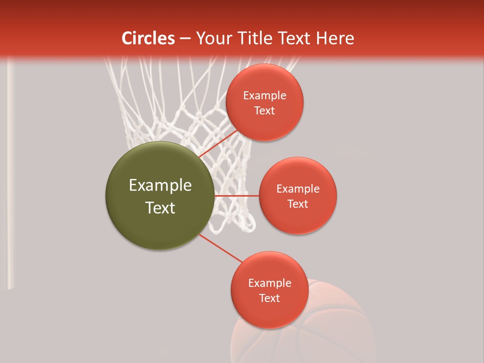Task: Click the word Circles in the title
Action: [x=148, y=38]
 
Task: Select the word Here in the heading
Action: [x=335, y=38]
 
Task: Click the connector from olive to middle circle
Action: [x=237, y=196]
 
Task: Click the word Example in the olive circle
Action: [x=160, y=186]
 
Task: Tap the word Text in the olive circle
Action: [x=160, y=208]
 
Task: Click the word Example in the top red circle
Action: [x=265, y=96]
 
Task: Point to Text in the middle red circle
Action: [x=297, y=204]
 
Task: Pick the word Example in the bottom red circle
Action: [x=270, y=283]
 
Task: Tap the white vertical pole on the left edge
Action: [x=10, y=176]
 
